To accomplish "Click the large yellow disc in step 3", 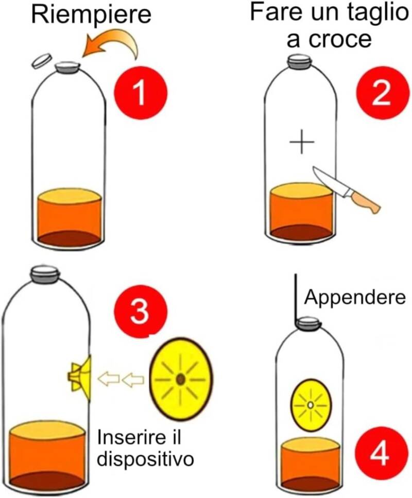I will click(181, 379).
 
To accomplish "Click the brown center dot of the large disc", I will click(180, 380).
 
